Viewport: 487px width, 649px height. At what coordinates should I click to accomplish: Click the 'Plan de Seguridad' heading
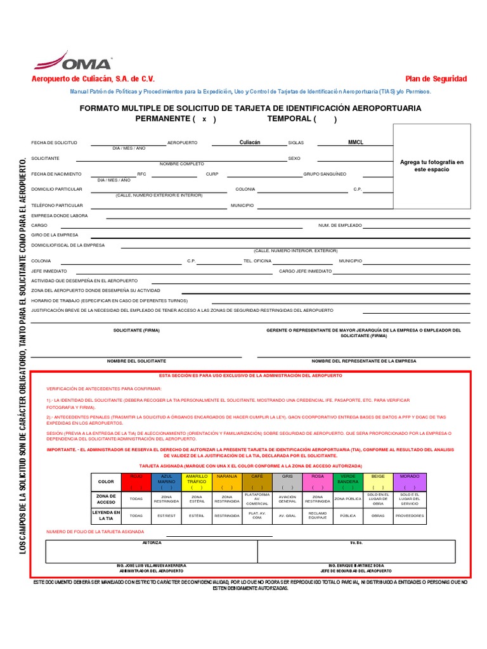pyautogui.click(x=436, y=79)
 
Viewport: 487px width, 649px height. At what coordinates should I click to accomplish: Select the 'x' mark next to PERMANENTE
pyautogui.click(x=204, y=119)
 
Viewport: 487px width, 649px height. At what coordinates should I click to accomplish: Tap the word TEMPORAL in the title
pyautogui.click(x=289, y=119)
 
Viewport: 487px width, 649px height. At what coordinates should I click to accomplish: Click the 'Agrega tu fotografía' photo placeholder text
pyautogui.click(x=432, y=166)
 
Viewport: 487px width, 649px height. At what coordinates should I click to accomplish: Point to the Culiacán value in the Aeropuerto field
pyautogui.click(x=250, y=143)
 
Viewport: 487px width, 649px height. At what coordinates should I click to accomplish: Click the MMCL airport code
pyautogui.click(x=356, y=143)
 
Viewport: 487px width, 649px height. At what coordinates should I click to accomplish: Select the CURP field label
pyautogui.click(x=212, y=174)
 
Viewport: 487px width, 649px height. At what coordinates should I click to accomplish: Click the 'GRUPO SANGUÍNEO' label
pyautogui.click(x=325, y=174)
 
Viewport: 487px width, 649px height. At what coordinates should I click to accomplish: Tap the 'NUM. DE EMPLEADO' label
pyautogui.click(x=340, y=226)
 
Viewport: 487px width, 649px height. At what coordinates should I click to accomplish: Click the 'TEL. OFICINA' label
pyautogui.click(x=257, y=260)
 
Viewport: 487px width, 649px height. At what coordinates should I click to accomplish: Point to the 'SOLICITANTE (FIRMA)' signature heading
pyautogui.click(x=136, y=330)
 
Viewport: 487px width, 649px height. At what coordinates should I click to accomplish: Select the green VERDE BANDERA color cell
pyautogui.click(x=348, y=482)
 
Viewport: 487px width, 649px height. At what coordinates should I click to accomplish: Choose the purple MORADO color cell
pyautogui.click(x=410, y=482)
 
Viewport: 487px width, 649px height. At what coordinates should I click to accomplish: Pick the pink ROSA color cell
pyautogui.click(x=317, y=482)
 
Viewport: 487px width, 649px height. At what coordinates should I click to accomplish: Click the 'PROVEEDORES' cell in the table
pyautogui.click(x=410, y=516)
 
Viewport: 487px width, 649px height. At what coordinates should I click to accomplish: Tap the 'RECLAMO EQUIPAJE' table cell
pyautogui.click(x=317, y=516)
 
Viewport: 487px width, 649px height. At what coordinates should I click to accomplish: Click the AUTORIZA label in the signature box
pyautogui.click(x=152, y=543)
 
